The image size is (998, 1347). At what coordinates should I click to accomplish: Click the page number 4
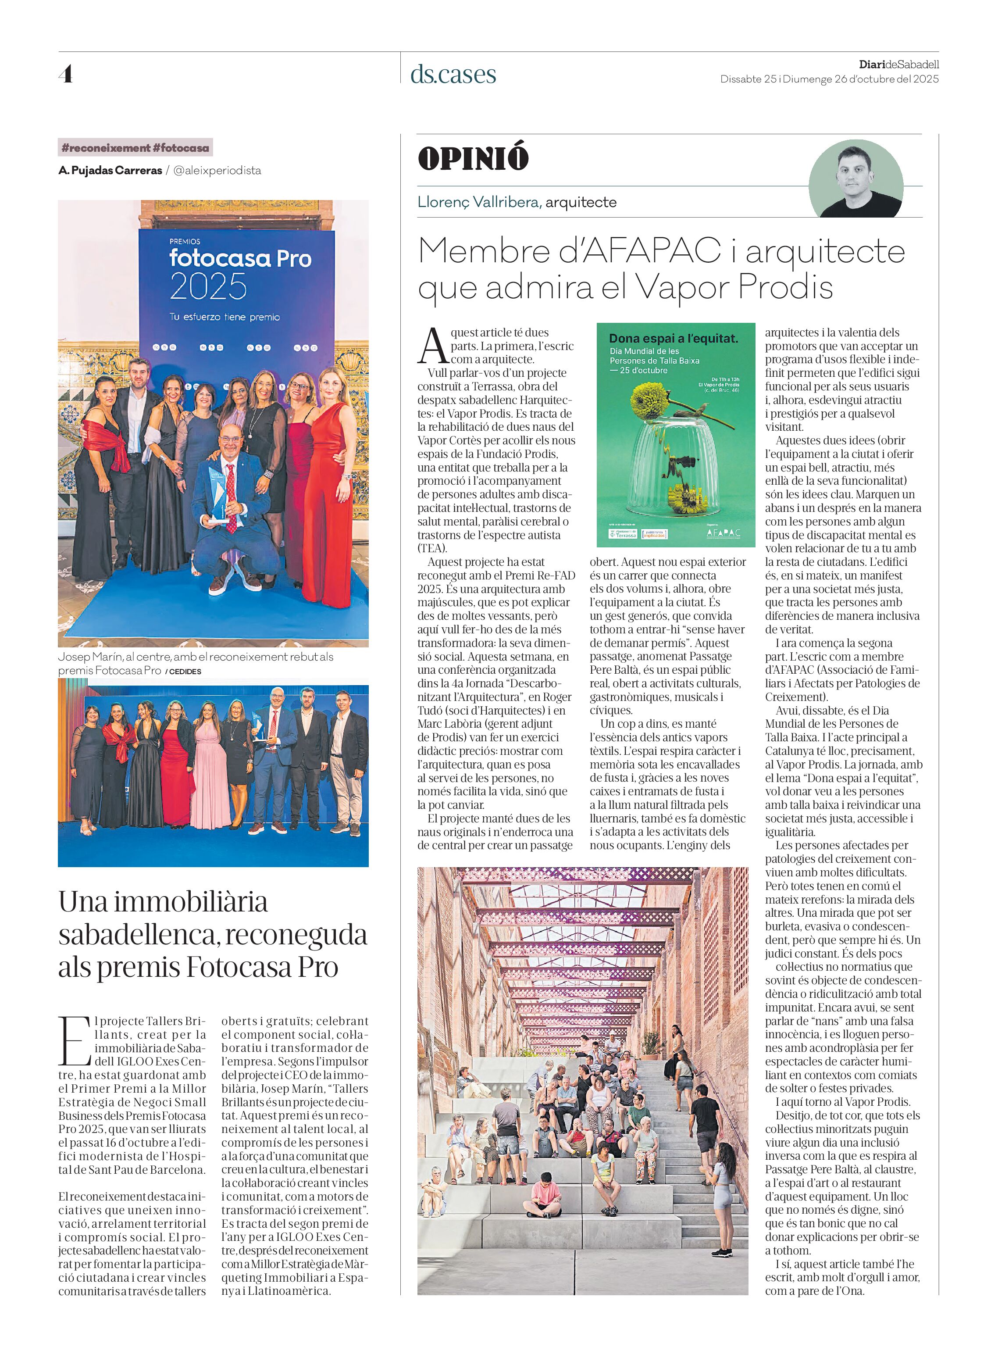(x=66, y=74)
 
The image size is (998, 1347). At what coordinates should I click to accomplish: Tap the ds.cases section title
(x=453, y=74)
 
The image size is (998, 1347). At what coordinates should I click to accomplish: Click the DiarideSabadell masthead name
(x=898, y=64)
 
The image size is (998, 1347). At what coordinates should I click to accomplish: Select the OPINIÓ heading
(x=473, y=158)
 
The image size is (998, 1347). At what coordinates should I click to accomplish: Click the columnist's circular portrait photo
(x=855, y=179)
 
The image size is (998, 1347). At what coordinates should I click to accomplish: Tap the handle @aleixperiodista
(x=217, y=171)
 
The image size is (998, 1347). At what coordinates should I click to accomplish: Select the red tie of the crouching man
(x=232, y=497)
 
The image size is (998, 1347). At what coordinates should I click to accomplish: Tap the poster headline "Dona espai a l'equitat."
(x=673, y=339)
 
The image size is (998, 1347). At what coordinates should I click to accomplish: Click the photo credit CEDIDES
(x=185, y=672)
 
